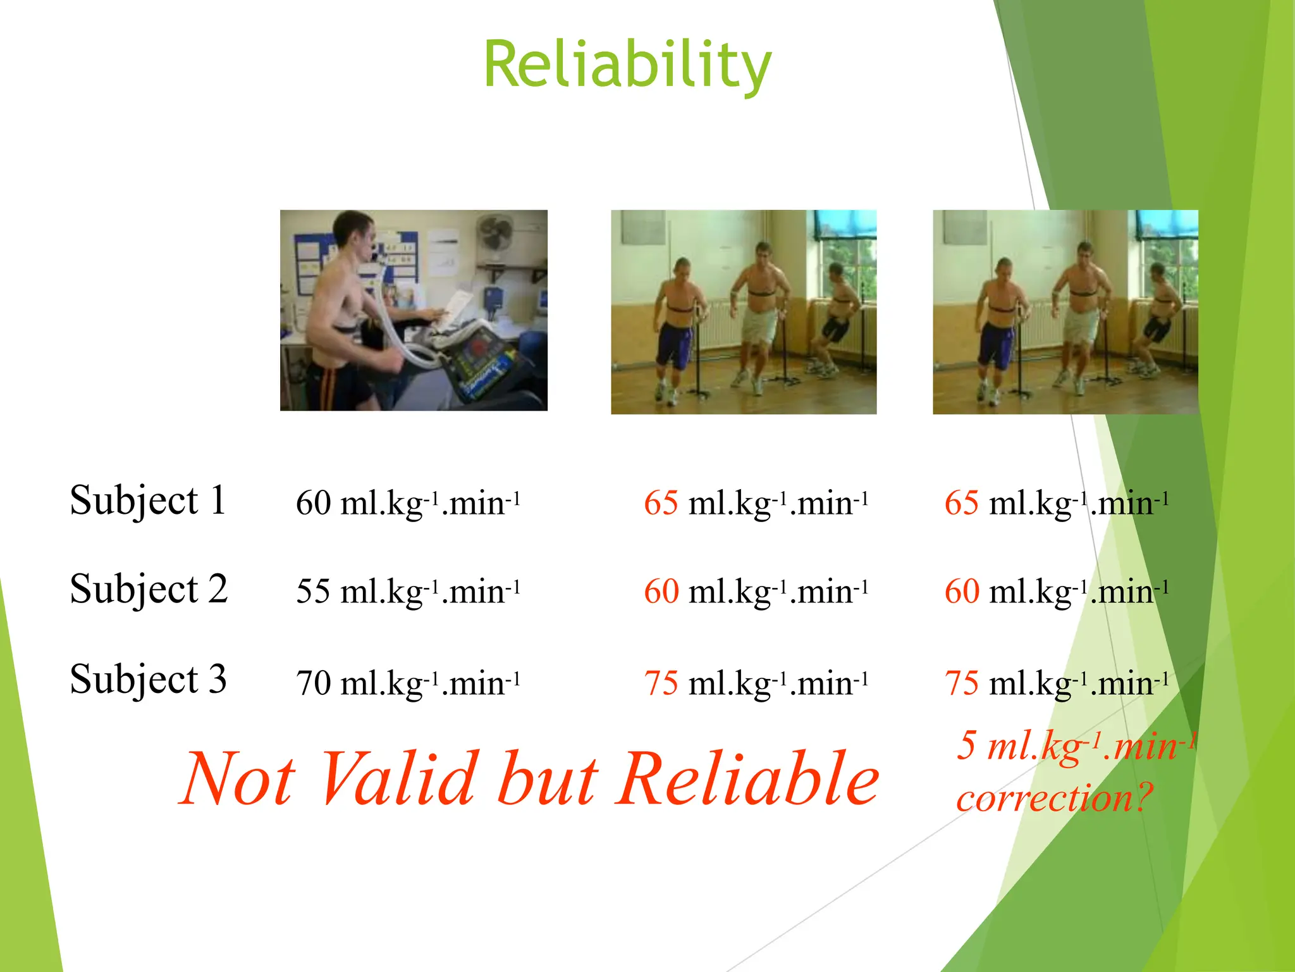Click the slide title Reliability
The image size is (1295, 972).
point(627,65)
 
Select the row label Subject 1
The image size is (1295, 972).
point(148,501)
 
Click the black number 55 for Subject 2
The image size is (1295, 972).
point(313,592)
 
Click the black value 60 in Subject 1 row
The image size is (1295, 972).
point(313,504)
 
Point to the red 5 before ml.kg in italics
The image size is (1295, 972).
point(967,745)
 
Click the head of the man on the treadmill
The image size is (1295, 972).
point(354,231)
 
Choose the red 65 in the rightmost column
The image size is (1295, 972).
point(961,504)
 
